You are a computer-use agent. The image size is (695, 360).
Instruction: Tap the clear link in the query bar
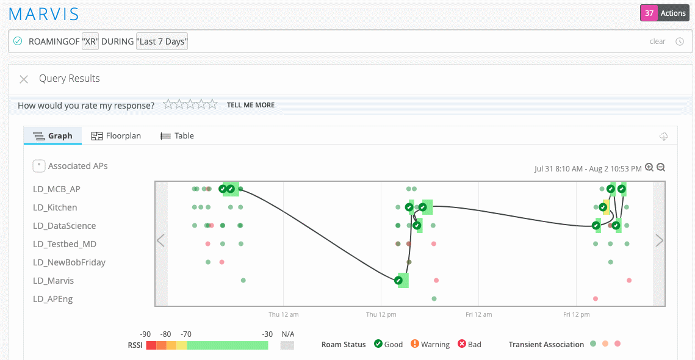click(x=657, y=41)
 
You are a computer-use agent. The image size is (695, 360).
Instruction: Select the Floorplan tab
click(x=116, y=135)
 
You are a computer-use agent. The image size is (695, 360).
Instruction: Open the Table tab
click(x=177, y=135)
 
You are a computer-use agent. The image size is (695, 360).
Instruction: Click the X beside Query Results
click(x=24, y=79)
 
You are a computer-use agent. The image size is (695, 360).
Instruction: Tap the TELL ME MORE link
click(x=250, y=105)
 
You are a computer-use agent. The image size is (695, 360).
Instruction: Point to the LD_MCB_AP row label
click(x=57, y=189)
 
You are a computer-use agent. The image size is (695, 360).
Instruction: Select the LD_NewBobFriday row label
click(x=69, y=262)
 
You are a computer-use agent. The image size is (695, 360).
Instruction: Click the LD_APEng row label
click(x=52, y=299)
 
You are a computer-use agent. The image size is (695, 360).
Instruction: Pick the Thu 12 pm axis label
click(x=381, y=315)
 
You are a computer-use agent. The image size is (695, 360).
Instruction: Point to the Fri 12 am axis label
click(x=478, y=315)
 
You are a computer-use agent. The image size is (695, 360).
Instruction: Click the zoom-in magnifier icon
click(x=649, y=168)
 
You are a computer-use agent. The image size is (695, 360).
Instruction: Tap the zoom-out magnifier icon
click(x=660, y=168)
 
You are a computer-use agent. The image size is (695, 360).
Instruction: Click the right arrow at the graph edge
click(x=659, y=241)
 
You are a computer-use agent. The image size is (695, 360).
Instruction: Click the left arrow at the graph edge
click(x=161, y=241)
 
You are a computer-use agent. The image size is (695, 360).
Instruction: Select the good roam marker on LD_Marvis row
click(x=398, y=281)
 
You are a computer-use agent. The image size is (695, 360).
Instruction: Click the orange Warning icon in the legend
click(x=415, y=344)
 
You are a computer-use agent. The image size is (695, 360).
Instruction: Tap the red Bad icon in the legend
click(x=462, y=344)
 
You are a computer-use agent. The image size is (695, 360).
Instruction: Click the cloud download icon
click(x=664, y=137)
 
